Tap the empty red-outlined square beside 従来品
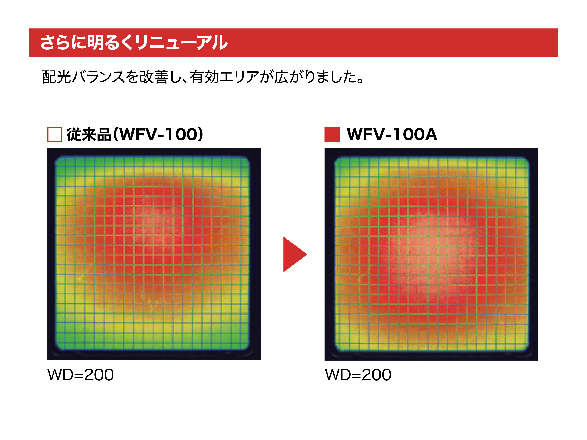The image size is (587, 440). point(54,134)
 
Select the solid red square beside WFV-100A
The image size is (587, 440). point(332,134)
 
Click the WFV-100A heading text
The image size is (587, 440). point(392,134)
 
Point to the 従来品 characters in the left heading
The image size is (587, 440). point(89,135)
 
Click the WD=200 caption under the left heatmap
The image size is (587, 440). point(80,375)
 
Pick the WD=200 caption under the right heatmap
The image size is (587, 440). point(358,375)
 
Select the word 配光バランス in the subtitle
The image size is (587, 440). point(83,77)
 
